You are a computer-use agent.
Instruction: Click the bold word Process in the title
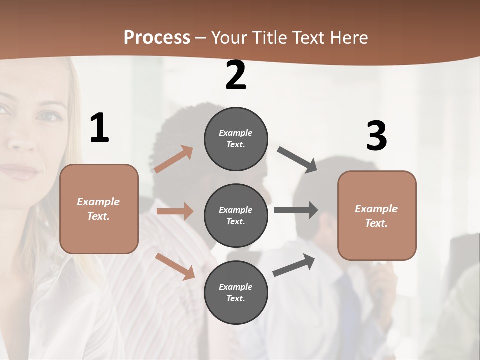click(157, 37)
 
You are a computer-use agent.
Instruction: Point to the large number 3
click(376, 136)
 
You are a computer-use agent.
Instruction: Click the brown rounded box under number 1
click(99, 209)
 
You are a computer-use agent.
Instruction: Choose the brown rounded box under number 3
click(377, 215)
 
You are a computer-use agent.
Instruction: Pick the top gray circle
click(236, 138)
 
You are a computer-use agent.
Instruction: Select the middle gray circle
click(236, 215)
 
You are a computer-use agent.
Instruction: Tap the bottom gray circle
click(236, 292)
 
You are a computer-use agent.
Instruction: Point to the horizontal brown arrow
click(175, 211)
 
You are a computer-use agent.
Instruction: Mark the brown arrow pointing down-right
click(175, 266)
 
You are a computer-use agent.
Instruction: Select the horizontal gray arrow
click(296, 210)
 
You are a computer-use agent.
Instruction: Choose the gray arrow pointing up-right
click(294, 265)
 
